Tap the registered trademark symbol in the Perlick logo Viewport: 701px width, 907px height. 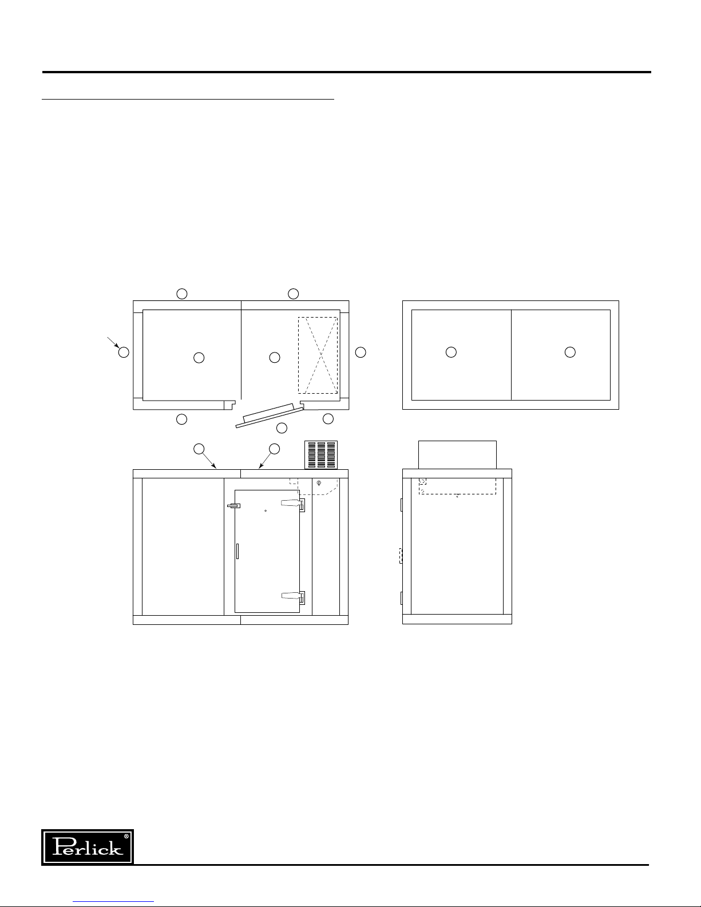point(126,837)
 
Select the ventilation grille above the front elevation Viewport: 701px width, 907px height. point(321,455)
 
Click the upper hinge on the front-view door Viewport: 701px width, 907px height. point(293,505)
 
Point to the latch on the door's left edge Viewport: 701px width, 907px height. point(233,506)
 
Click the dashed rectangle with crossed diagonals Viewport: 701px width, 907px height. point(318,355)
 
